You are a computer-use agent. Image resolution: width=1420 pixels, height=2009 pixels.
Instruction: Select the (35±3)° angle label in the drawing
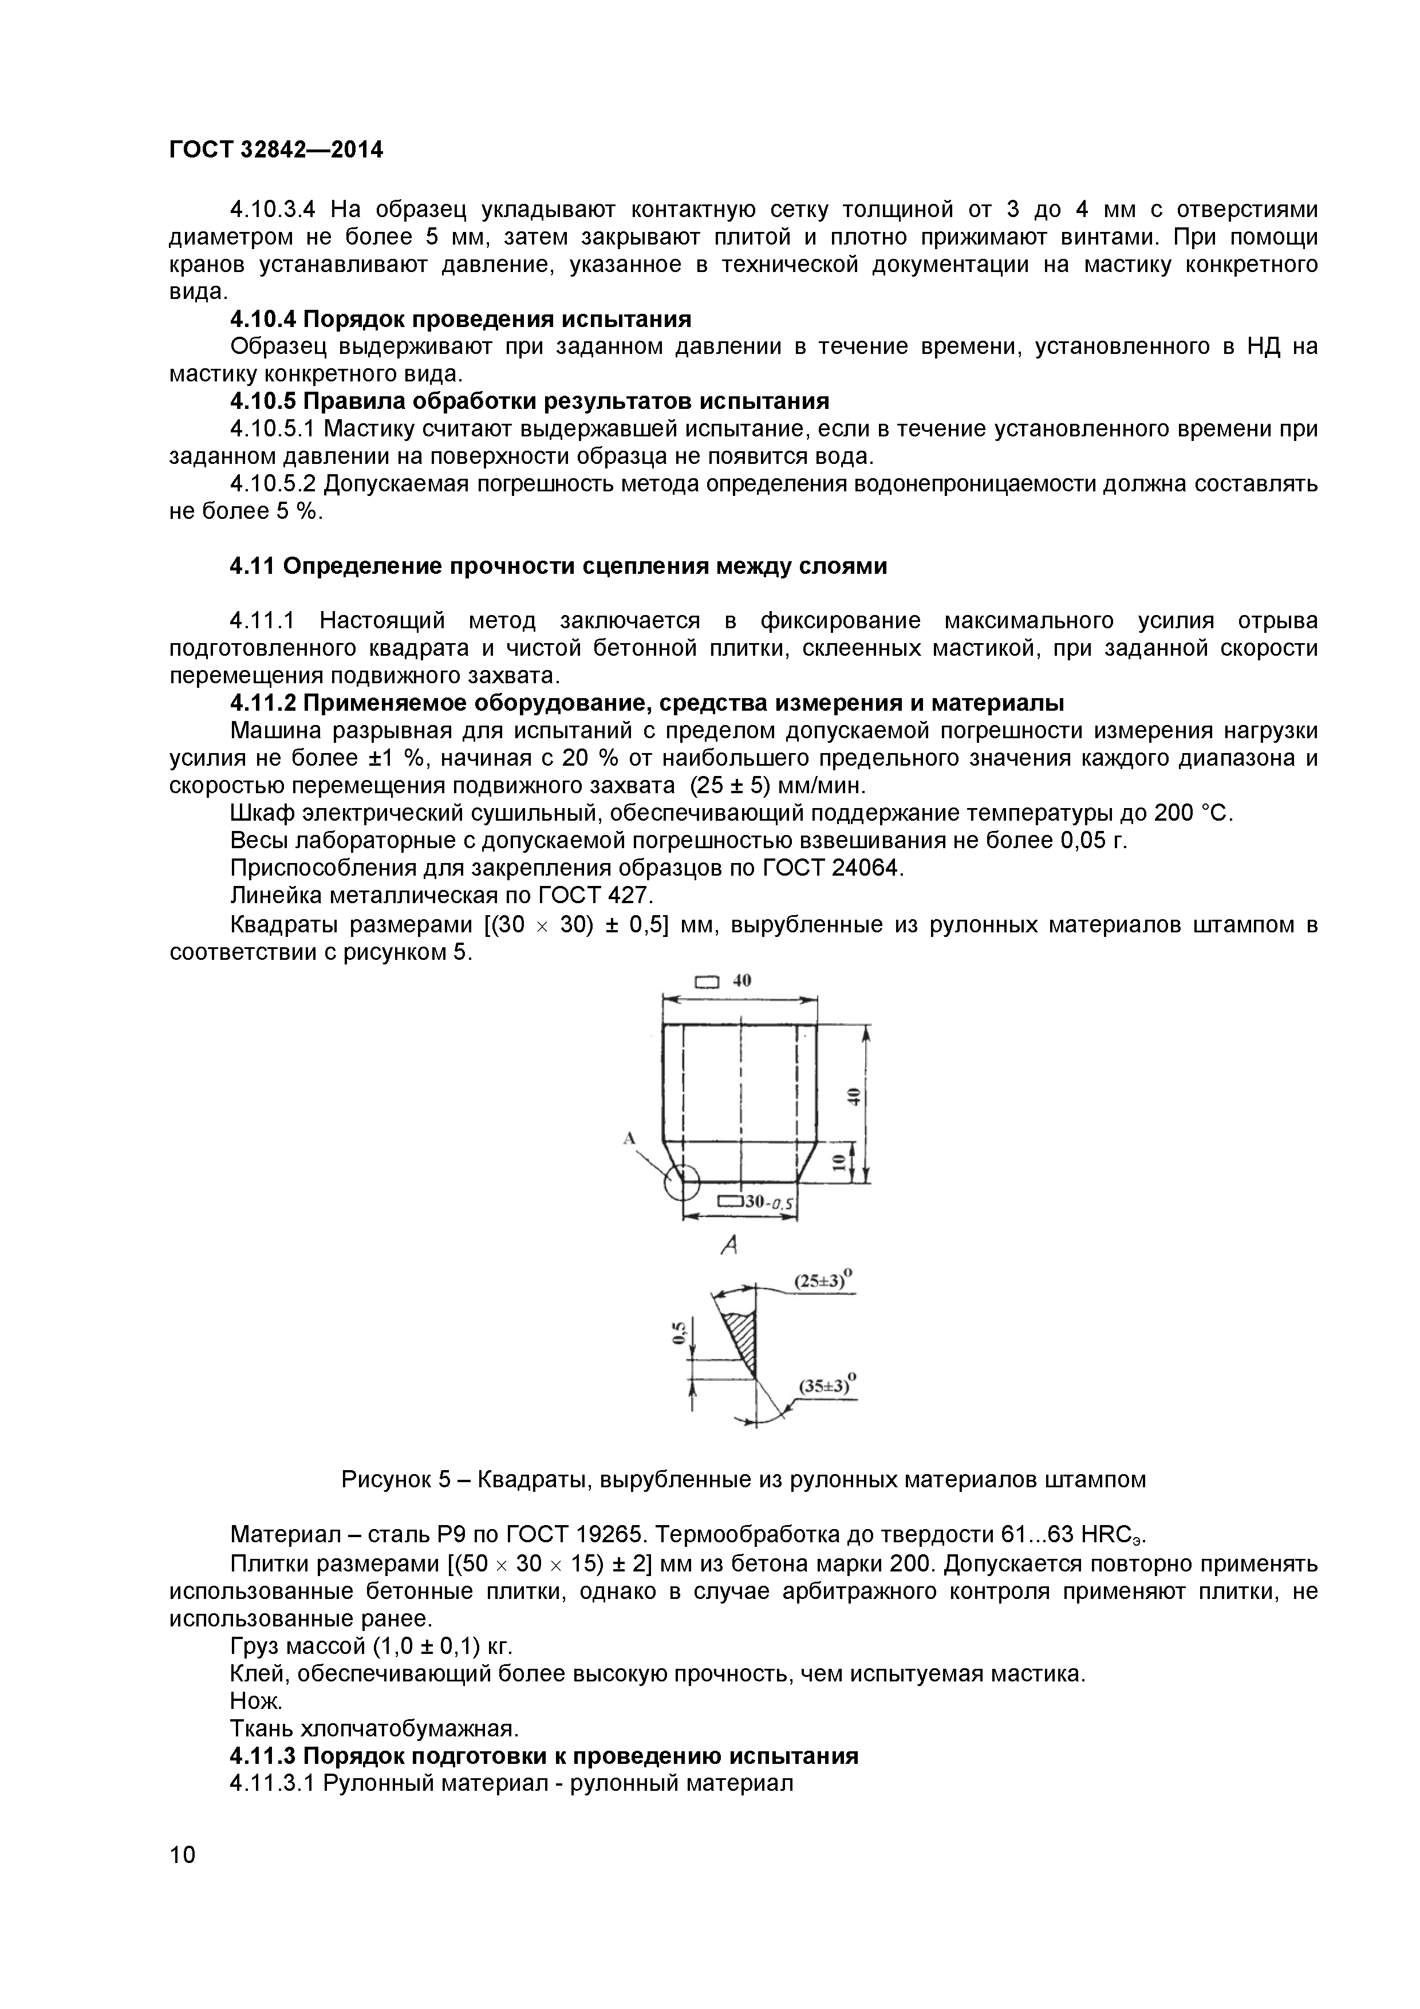coord(826,1386)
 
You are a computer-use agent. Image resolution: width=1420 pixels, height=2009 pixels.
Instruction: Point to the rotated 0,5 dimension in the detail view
coord(679,1333)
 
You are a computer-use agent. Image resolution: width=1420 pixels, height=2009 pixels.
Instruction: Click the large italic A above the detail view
coord(729,1245)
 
